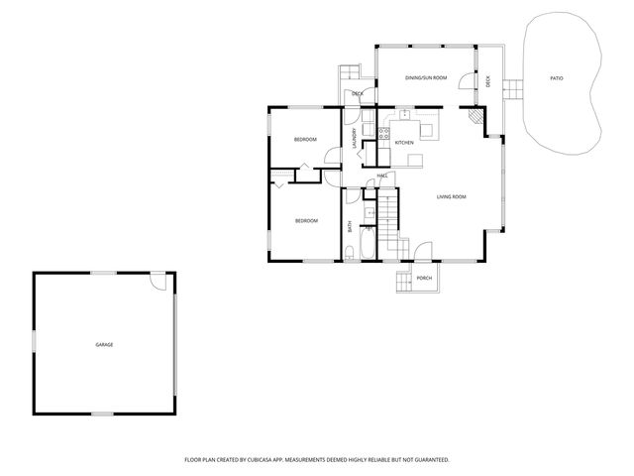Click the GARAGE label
coord(104,344)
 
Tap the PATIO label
coord(557,77)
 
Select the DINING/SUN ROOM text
coord(427,77)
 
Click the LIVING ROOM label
coord(451,196)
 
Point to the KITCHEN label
coord(404,143)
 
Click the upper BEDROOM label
coord(304,140)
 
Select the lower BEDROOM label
coord(306,220)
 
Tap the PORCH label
coord(424,278)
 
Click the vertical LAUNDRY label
coord(354,138)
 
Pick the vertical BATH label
coord(351,227)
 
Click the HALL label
coord(381,176)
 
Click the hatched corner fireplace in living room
coord(478,117)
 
